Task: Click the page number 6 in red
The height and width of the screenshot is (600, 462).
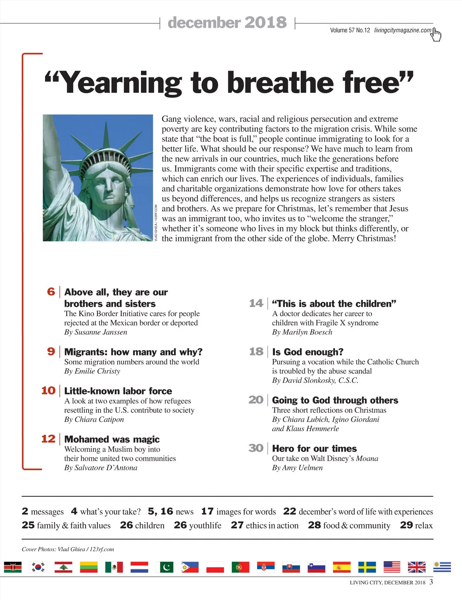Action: pyautogui.click(x=51, y=292)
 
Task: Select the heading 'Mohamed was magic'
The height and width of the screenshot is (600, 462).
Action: pyautogui.click(x=112, y=439)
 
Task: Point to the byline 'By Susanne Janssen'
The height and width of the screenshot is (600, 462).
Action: pyautogui.click(x=95, y=332)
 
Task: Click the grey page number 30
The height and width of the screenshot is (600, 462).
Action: pyautogui.click(x=256, y=448)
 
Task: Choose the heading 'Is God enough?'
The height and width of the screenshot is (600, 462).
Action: pyautogui.click(x=308, y=352)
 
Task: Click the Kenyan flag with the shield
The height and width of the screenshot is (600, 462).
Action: pyautogui.click(x=13, y=567)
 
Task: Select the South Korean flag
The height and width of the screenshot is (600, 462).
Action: pyautogui.click(x=38, y=567)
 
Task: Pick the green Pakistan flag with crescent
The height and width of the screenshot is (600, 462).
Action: pyautogui.click(x=164, y=567)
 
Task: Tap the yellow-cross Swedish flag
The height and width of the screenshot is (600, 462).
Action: pyautogui.click(x=367, y=567)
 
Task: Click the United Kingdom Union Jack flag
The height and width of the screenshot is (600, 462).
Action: pyautogui.click(x=417, y=567)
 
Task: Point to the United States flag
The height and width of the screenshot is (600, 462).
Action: pyautogui.click(x=392, y=567)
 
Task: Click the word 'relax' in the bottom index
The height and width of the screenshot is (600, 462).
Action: pyautogui.click(x=424, y=525)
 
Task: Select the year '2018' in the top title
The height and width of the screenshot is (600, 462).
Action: pyautogui.click(x=265, y=22)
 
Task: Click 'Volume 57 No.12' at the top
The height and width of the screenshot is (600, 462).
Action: pyautogui.click(x=350, y=30)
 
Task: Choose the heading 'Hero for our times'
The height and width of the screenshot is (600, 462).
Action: pyautogui.click(x=314, y=448)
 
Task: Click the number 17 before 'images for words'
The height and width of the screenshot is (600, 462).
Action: pyautogui.click(x=207, y=511)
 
